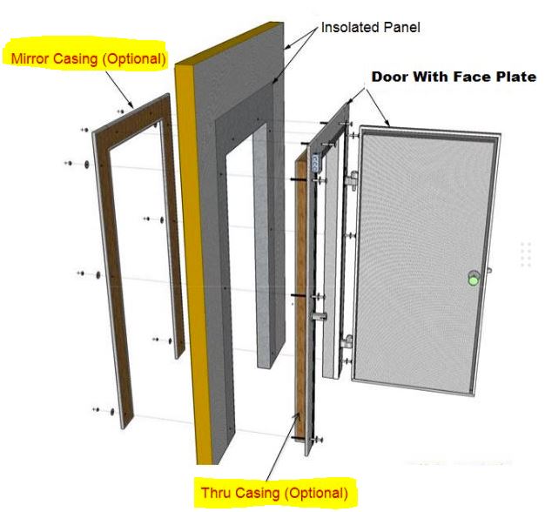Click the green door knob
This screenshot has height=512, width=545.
473,280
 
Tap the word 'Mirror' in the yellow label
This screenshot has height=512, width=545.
32,59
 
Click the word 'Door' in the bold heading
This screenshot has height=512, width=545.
389,77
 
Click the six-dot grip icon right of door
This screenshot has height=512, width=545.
525,254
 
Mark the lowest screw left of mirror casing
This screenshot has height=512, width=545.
95,408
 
